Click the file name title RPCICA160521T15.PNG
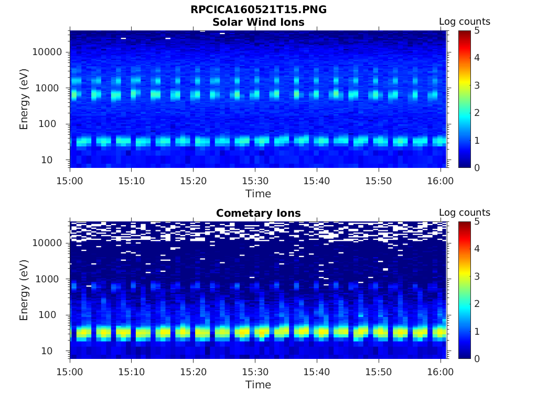pos(258,9)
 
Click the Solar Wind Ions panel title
pos(258,22)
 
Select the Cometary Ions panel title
pos(258,213)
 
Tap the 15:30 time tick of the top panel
pos(255,181)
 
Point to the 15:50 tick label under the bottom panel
pos(379,372)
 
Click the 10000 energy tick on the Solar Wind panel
pos(48,52)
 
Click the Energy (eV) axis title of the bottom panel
pos(24,290)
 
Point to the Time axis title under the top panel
pos(258,194)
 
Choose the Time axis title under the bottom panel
pos(258,385)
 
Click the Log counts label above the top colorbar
pos(464,22)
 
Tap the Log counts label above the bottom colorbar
pos(464,213)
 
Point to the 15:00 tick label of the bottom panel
pos(70,372)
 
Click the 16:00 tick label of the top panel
pos(441,181)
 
